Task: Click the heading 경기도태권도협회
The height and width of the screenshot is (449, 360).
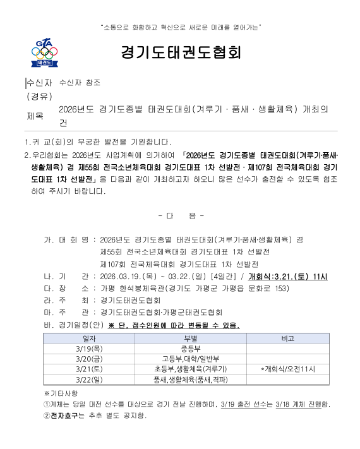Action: tap(181, 52)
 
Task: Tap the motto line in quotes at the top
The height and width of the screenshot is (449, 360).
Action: tap(181, 27)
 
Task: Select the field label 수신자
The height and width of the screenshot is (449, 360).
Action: tap(39, 83)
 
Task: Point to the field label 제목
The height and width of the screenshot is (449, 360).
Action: tap(35, 116)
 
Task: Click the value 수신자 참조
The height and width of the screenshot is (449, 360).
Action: tap(80, 83)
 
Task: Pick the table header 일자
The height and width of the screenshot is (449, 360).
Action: tap(89, 339)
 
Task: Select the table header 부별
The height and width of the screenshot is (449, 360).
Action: tap(190, 339)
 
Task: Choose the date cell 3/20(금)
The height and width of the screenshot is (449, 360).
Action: tap(89, 359)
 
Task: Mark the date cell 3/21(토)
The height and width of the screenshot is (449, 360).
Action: tap(89, 369)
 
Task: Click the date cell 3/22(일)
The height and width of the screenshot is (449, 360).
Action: tap(89, 380)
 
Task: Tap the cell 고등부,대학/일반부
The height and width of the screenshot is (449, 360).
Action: tap(190, 359)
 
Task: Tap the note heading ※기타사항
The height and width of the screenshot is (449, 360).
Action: tap(59, 393)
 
